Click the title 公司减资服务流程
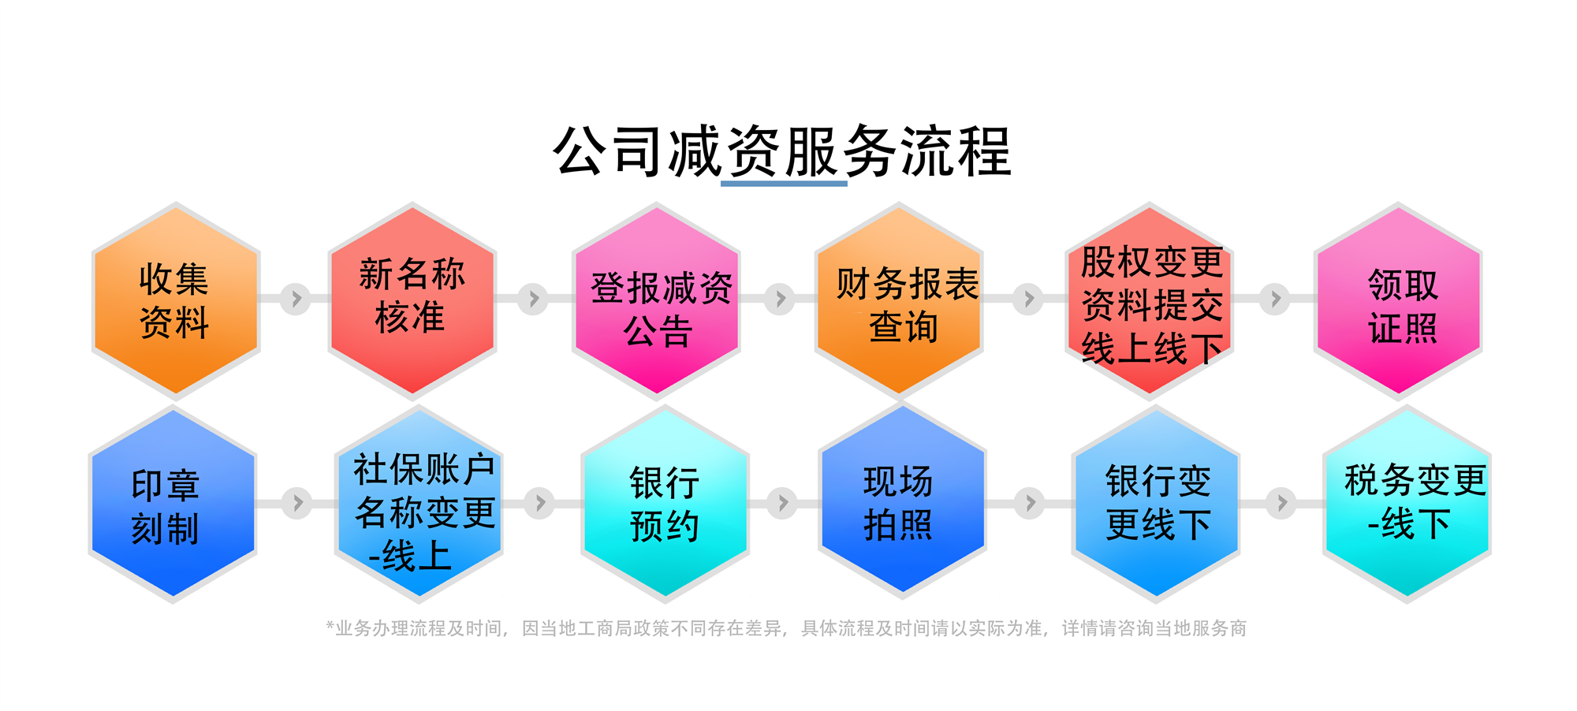coord(782,151)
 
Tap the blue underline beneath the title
coord(784,184)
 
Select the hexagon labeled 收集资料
coord(176,300)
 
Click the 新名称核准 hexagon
coord(412,300)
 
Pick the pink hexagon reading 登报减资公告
coord(656,300)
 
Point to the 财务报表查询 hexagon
coord(899,300)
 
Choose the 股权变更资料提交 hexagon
coord(1150,300)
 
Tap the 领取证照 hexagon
coord(1398,300)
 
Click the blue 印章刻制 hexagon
coord(173,504)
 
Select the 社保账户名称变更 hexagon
coord(419,504)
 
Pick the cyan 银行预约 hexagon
coord(665,504)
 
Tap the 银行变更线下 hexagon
coord(1156,504)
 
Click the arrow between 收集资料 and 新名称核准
coord(296,299)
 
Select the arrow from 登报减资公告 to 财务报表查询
coord(780,299)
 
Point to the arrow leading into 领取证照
coord(1274,299)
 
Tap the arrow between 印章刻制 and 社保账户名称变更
coord(297,503)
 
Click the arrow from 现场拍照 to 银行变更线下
coord(1030,503)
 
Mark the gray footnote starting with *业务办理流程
coord(786,628)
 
